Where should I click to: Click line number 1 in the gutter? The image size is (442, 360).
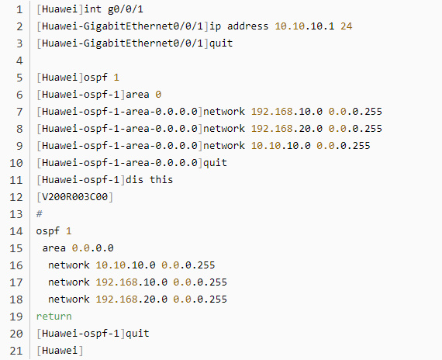(x=19, y=9)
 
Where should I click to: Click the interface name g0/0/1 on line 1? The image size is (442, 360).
(x=126, y=9)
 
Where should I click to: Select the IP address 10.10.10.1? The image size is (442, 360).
(x=305, y=26)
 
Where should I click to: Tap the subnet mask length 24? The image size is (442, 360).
(x=347, y=26)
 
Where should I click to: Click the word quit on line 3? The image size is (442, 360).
(x=221, y=43)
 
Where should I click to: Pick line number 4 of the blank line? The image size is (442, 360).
(x=19, y=61)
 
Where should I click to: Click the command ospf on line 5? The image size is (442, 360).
(x=95, y=78)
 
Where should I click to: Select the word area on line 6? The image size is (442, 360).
(x=137, y=95)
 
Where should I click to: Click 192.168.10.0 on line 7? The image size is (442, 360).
(x=287, y=112)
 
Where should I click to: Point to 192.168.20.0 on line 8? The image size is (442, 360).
(x=287, y=129)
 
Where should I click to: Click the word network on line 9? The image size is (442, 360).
(x=224, y=146)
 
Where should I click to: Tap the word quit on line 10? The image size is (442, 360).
(x=215, y=163)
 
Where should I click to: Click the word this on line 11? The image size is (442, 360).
(x=161, y=180)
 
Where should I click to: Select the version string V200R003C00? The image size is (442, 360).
(x=74, y=197)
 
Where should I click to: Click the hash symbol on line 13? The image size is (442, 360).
(x=40, y=214)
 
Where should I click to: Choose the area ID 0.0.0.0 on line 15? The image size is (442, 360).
(x=92, y=248)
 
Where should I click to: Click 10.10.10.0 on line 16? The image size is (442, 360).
(x=126, y=265)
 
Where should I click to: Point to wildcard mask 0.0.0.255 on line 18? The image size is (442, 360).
(x=200, y=299)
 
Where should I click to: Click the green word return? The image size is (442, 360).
(x=54, y=317)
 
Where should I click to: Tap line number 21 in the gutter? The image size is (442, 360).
(x=16, y=351)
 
